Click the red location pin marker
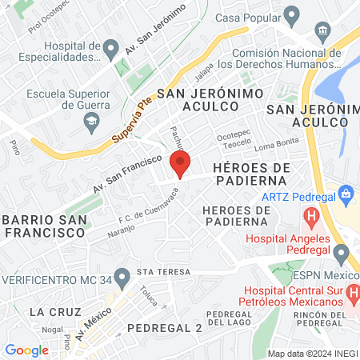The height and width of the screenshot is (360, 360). [x=180, y=164]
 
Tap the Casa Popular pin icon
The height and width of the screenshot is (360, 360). [x=291, y=15]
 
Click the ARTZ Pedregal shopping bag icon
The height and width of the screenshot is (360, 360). [x=346, y=193]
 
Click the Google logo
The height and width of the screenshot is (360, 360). [x=26, y=350]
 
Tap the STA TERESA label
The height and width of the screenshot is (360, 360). [x=164, y=272]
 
